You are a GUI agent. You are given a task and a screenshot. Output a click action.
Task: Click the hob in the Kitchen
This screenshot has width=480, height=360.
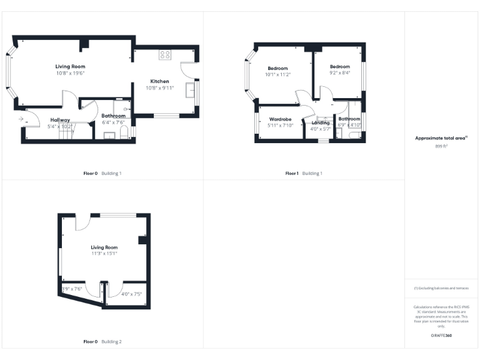[165, 55]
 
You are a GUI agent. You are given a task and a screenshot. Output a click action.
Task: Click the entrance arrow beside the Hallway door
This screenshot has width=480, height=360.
[22, 117]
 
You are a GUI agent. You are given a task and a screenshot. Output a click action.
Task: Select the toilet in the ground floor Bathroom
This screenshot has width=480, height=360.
[124, 132]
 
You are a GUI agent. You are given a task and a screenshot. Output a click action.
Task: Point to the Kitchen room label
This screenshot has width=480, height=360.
[159, 81]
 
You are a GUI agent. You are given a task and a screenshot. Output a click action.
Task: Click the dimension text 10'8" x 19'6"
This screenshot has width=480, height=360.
[69, 73]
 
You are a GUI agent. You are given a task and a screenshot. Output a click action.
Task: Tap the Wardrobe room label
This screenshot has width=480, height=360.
[281, 119]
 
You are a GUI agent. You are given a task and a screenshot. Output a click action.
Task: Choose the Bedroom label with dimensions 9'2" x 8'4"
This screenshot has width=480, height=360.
[340, 66]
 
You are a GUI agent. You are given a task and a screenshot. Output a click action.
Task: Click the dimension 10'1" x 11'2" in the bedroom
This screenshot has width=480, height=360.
[277, 74]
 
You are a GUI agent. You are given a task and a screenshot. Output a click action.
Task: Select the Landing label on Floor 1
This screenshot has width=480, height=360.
[321, 122]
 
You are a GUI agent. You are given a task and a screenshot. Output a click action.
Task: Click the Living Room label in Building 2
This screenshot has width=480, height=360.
[104, 247]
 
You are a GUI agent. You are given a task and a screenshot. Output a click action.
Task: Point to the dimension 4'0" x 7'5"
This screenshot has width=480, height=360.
[132, 294]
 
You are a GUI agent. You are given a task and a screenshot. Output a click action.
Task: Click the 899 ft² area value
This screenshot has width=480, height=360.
[441, 146]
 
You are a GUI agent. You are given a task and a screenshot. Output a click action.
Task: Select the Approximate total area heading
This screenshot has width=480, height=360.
[441, 138]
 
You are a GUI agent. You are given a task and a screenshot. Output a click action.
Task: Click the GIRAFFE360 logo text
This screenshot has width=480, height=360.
[441, 336]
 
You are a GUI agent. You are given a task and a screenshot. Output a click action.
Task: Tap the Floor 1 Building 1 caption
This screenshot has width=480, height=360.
[304, 172]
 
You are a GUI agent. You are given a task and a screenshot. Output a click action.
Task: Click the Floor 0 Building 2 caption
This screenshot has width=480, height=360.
[102, 342]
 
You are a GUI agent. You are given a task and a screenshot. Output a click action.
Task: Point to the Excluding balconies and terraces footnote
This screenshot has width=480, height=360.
[441, 288]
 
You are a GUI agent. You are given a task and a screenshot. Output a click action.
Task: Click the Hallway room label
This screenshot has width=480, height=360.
[60, 119]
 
